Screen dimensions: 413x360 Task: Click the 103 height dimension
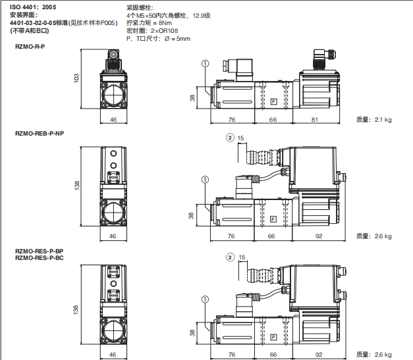pyautogui.click(x=76, y=78)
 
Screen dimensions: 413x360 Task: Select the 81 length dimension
pyautogui.click(x=315, y=120)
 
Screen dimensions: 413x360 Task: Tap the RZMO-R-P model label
pyautogui.click(x=30, y=47)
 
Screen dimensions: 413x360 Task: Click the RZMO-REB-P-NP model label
pyautogui.click(x=40, y=134)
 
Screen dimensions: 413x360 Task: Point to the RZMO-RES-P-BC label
pyautogui.click(x=40, y=258)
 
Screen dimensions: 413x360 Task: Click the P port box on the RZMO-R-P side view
pyautogui.click(x=273, y=101)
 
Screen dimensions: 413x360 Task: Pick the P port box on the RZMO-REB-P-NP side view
pyautogui.click(x=273, y=219)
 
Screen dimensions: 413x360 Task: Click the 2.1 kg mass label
pyautogui.click(x=383, y=120)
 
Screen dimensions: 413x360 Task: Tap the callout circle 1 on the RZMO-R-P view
pyautogui.click(x=205, y=63)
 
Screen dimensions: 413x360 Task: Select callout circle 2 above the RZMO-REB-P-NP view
pyautogui.click(x=230, y=138)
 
